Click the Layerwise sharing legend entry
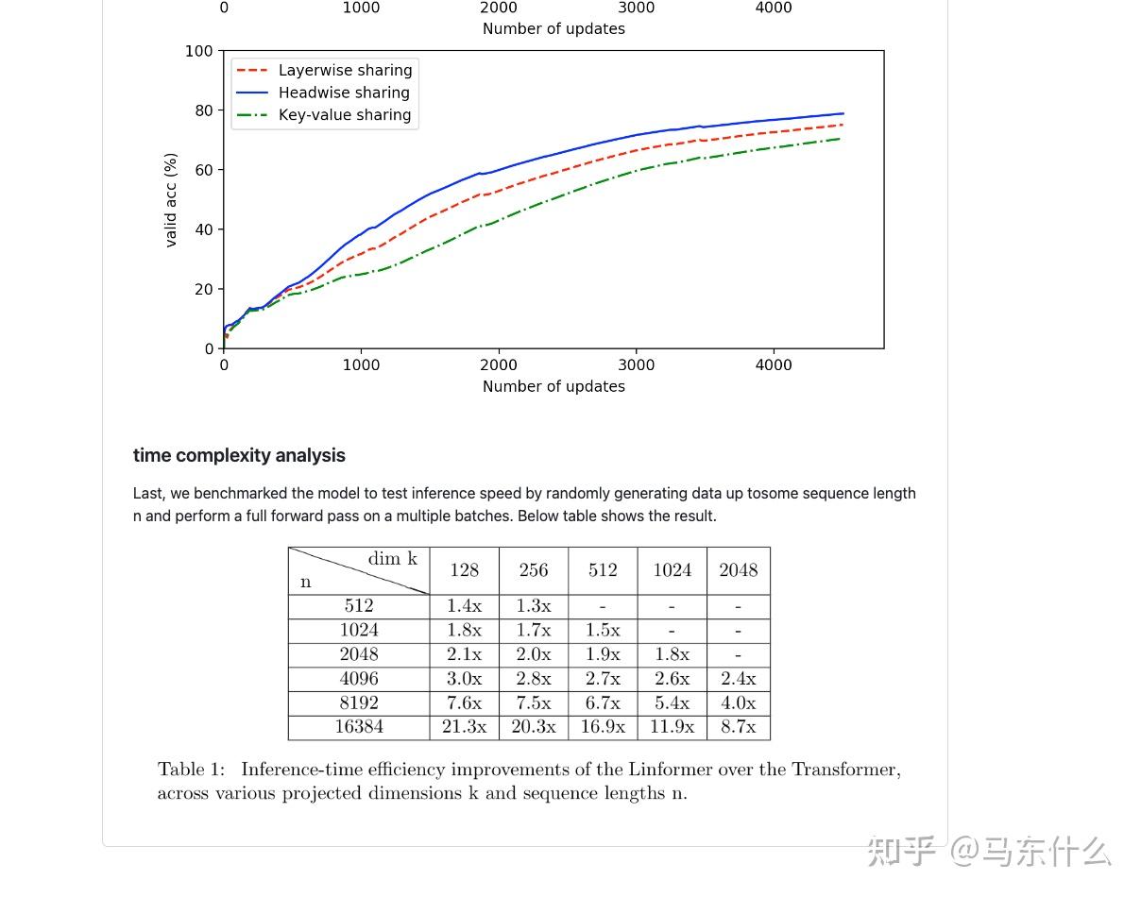(x=345, y=70)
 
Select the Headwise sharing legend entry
(x=344, y=93)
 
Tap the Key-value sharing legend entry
(x=345, y=115)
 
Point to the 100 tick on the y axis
(x=199, y=51)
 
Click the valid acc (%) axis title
(x=171, y=200)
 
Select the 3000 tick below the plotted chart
(x=636, y=365)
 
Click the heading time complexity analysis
(x=239, y=455)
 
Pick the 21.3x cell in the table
(x=464, y=727)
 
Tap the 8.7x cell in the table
(x=738, y=727)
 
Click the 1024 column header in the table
(x=672, y=570)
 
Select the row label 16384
(x=359, y=727)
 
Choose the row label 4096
(x=359, y=678)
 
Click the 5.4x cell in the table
(x=672, y=702)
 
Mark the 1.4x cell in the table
(x=464, y=606)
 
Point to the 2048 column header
(x=738, y=570)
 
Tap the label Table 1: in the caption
(x=192, y=770)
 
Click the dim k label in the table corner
(x=392, y=559)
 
